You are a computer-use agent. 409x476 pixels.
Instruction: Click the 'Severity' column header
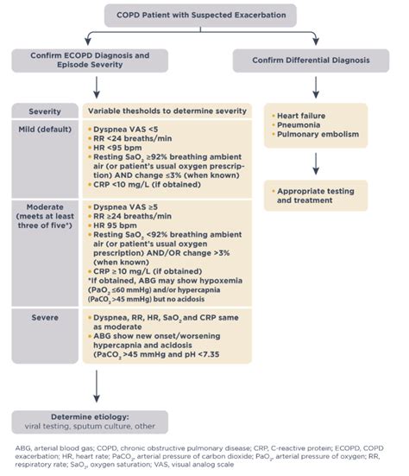[x=45, y=112]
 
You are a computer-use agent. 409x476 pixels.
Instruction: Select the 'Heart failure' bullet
[x=300, y=116]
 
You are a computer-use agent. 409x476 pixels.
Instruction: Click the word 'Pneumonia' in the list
[x=297, y=126]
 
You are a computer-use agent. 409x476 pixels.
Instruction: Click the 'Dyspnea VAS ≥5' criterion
[x=130, y=206]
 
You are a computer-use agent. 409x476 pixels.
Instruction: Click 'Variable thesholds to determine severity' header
[x=169, y=112]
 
